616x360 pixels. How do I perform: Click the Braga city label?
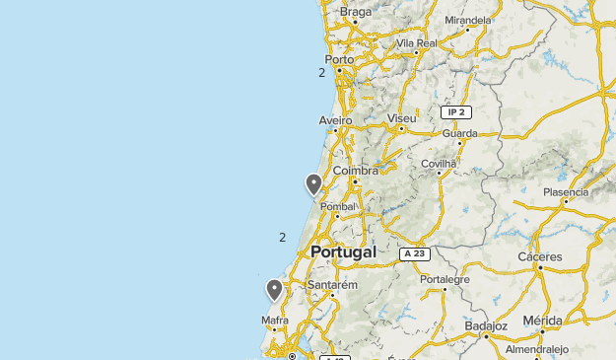coord(356,13)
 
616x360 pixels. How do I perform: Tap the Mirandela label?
coord(467,20)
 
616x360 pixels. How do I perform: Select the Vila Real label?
coord(416,43)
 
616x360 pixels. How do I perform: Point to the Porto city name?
coord(339,59)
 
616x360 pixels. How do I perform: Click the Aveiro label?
coord(335,119)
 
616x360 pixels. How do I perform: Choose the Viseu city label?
coord(402,118)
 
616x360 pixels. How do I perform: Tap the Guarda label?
coord(460,133)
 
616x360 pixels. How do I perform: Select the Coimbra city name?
coord(356,171)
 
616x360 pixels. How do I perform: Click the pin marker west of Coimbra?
coord(313,183)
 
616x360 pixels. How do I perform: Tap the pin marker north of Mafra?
coord(275,289)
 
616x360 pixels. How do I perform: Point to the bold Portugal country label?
coord(343,252)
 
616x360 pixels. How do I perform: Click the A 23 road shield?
coord(415,253)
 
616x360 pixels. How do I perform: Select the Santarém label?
coord(332,284)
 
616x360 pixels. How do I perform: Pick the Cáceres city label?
coord(540,256)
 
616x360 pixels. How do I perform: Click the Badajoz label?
coord(485,325)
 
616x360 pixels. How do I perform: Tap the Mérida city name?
coord(542,321)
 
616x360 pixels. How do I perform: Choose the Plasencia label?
coord(566,192)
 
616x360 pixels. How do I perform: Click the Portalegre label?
coord(445,279)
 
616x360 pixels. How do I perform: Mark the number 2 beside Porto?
coord(321,72)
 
